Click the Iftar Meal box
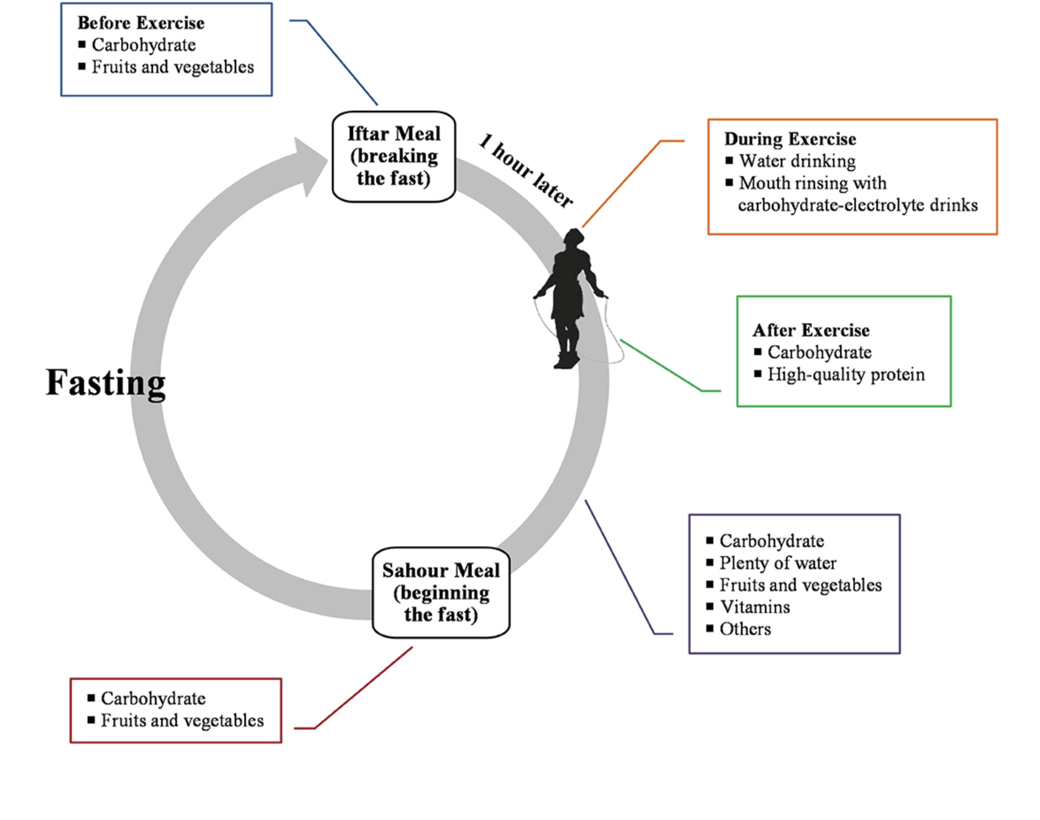[393, 156]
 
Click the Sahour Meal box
[441, 592]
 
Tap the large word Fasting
[106, 383]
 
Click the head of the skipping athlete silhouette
[574, 237]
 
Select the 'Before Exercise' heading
[141, 23]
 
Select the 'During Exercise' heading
[790, 139]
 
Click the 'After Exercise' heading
[811, 330]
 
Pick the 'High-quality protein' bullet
[846, 375]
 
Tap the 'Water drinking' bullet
[797, 161]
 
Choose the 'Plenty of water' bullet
[778, 563]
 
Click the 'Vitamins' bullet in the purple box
[755, 607]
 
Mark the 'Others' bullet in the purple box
[745, 629]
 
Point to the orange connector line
[624, 182]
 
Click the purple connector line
[619, 566]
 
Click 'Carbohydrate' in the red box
[153, 699]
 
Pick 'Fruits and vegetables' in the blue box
[173, 67]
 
